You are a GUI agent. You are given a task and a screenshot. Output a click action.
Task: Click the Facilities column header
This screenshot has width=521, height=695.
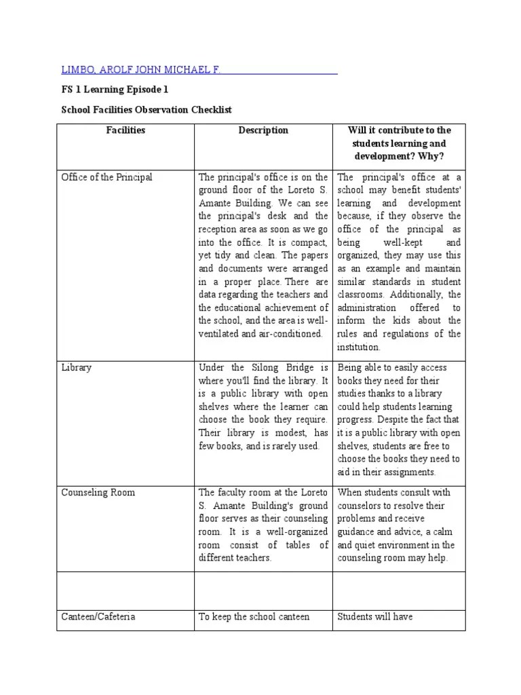click(126, 130)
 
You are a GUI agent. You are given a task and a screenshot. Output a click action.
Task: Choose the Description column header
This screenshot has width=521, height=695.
click(263, 130)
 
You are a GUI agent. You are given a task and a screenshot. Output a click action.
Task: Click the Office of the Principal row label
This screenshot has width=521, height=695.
click(107, 177)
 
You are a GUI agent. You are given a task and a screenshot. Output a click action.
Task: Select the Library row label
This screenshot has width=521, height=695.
click(77, 367)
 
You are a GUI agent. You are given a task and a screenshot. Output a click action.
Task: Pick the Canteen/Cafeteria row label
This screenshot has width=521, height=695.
click(98, 616)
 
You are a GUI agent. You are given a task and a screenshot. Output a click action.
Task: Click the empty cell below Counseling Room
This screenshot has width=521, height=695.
click(126, 590)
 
